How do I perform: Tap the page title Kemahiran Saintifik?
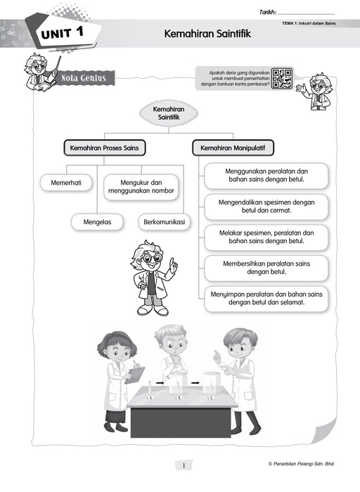point(207,33)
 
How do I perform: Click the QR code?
point(282,79)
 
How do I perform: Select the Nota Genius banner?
point(84,78)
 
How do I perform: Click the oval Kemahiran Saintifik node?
point(168,114)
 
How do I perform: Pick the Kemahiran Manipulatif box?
point(233,148)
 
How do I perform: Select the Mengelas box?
point(96,222)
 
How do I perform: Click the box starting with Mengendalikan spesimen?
point(266,207)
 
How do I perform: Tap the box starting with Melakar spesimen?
point(266,236)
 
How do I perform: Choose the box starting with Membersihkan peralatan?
point(266,267)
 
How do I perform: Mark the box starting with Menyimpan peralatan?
point(266,298)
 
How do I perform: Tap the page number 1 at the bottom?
point(182,465)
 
